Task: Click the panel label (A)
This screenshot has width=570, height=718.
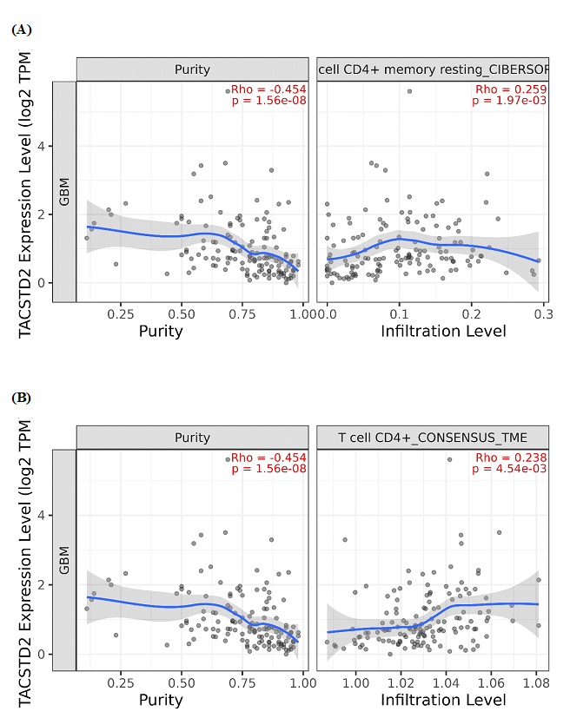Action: tap(22, 30)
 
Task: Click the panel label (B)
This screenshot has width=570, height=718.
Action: tap(22, 398)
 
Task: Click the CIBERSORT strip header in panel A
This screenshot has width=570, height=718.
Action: tap(432, 69)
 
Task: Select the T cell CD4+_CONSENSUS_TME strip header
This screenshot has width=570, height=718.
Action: tap(432, 438)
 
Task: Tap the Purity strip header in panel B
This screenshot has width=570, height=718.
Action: tap(192, 438)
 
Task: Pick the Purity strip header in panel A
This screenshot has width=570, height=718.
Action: tap(192, 69)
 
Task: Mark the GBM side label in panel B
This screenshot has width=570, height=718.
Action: tap(63, 561)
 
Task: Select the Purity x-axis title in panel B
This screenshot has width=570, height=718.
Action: tap(161, 700)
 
